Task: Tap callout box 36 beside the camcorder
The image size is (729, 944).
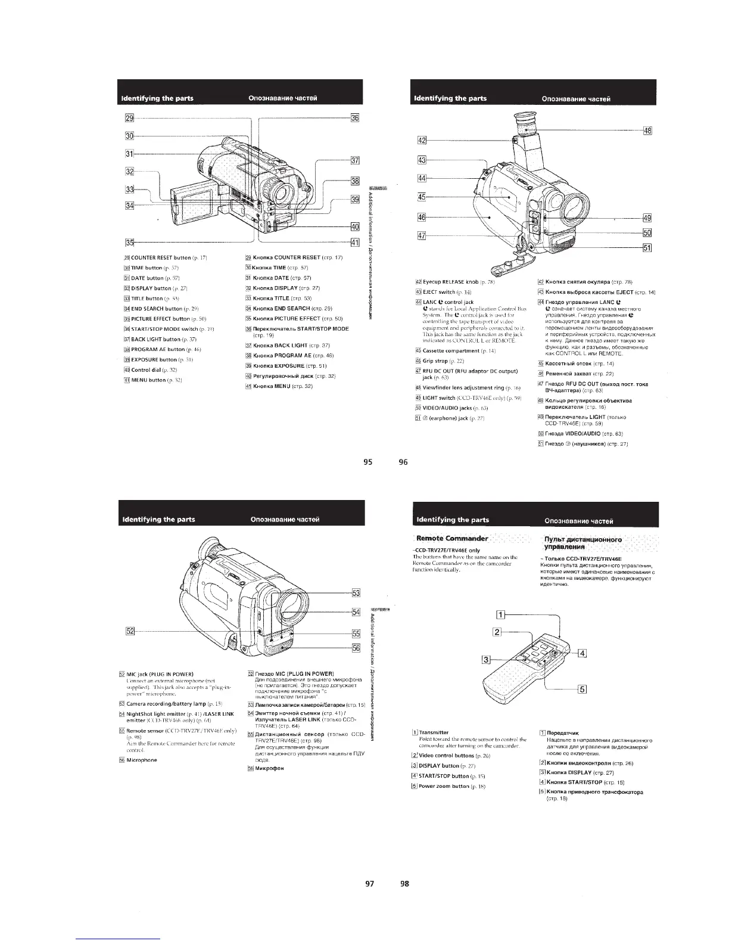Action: [x=354, y=118]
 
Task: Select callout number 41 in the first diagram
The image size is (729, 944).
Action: [x=354, y=242]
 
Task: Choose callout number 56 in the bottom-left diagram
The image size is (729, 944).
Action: [x=356, y=648]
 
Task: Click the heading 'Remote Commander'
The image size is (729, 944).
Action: [x=453, y=539]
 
